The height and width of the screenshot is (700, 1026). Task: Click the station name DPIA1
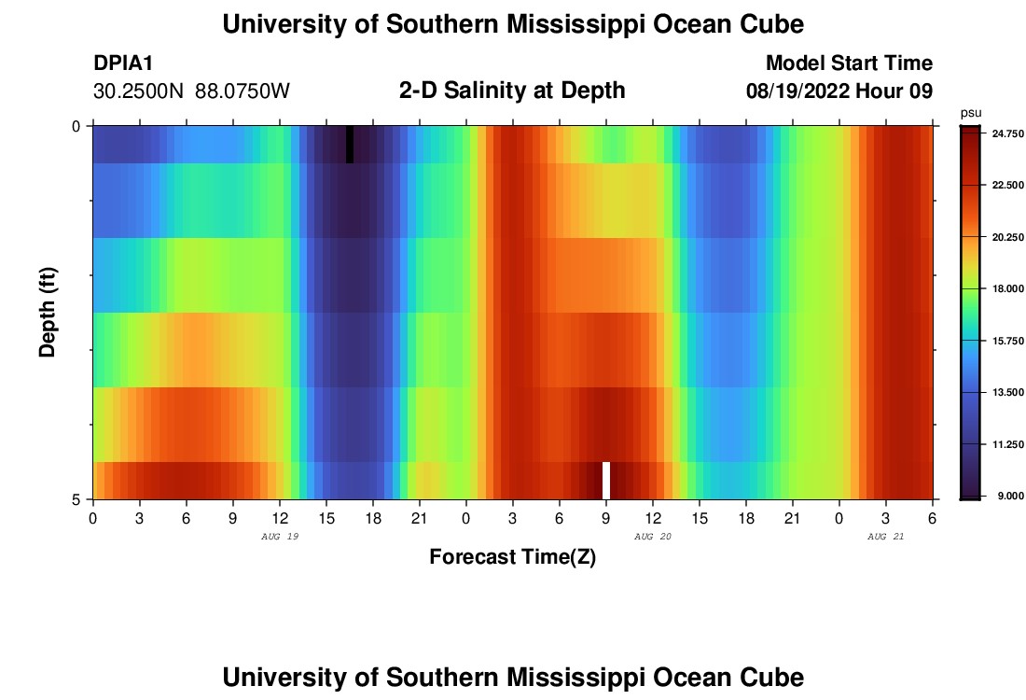pos(123,63)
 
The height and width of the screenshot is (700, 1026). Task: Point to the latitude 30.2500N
pos(141,91)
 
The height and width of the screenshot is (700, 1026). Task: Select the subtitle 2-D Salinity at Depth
pos(512,91)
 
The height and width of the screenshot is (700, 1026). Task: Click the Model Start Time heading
pos(849,63)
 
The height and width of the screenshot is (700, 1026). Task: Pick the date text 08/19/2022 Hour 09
pos(839,91)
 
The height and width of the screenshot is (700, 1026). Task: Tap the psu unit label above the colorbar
pos(971,113)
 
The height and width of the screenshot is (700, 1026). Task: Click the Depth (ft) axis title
pos(48,313)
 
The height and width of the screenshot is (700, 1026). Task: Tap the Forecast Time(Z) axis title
pos(512,557)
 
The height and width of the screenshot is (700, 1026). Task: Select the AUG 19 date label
pos(280,537)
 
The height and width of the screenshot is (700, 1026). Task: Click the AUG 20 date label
pos(653,537)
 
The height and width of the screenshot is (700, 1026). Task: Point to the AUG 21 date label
pos(886,537)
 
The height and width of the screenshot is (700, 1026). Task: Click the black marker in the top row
pos(350,144)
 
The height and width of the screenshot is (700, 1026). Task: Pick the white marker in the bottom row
pos(606,480)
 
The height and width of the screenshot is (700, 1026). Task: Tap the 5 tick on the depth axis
pos(76,499)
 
